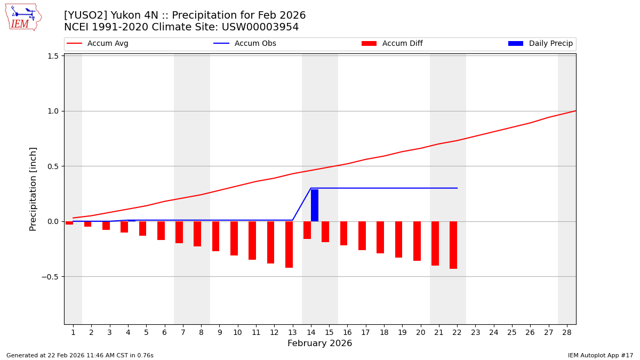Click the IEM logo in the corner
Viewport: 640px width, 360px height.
point(23,17)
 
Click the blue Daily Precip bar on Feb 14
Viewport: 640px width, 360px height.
point(315,205)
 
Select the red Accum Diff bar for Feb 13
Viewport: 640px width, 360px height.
point(289,244)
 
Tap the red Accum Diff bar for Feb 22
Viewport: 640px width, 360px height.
point(453,245)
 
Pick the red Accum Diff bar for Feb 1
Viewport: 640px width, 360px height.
point(69,223)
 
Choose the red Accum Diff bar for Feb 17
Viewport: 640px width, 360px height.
point(362,236)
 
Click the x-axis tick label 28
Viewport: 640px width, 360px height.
point(567,333)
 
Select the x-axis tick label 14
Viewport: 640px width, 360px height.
point(311,333)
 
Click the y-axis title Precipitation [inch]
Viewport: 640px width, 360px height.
point(33,189)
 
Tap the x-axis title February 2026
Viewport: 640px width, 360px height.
point(319,343)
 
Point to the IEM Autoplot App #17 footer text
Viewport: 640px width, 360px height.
point(601,355)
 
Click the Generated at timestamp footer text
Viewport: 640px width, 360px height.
point(80,355)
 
